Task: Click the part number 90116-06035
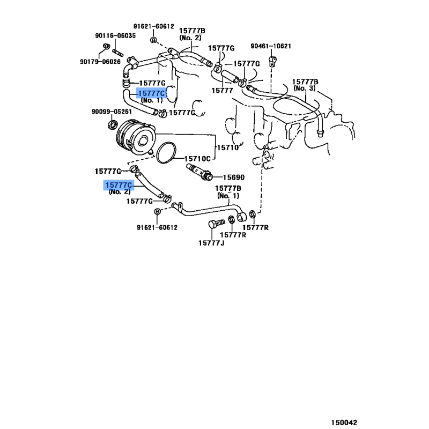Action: click(x=115, y=35)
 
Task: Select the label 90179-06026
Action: click(x=100, y=62)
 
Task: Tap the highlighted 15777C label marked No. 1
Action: click(x=151, y=93)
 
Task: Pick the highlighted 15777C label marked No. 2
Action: click(x=119, y=185)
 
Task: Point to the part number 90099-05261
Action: click(x=112, y=112)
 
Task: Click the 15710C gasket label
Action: click(x=197, y=159)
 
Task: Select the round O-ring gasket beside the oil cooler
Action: click(x=166, y=153)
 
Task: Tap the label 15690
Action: click(x=234, y=177)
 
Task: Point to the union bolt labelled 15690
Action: click(x=199, y=171)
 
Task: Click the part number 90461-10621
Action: click(x=271, y=46)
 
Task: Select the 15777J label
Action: click(x=211, y=243)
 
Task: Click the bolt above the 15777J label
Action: click(x=216, y=224)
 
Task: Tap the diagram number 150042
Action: click(x=344, y=423)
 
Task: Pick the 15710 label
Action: click(x=228, y=147)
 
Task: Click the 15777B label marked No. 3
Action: click(x=305, y=85)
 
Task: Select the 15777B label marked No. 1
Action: click(x=228, y=192)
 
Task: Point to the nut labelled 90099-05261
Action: click(x=112, y=125)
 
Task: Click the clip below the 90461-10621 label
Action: click(x=273, y=61)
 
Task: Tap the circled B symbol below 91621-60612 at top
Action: click(x=154, y=40)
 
